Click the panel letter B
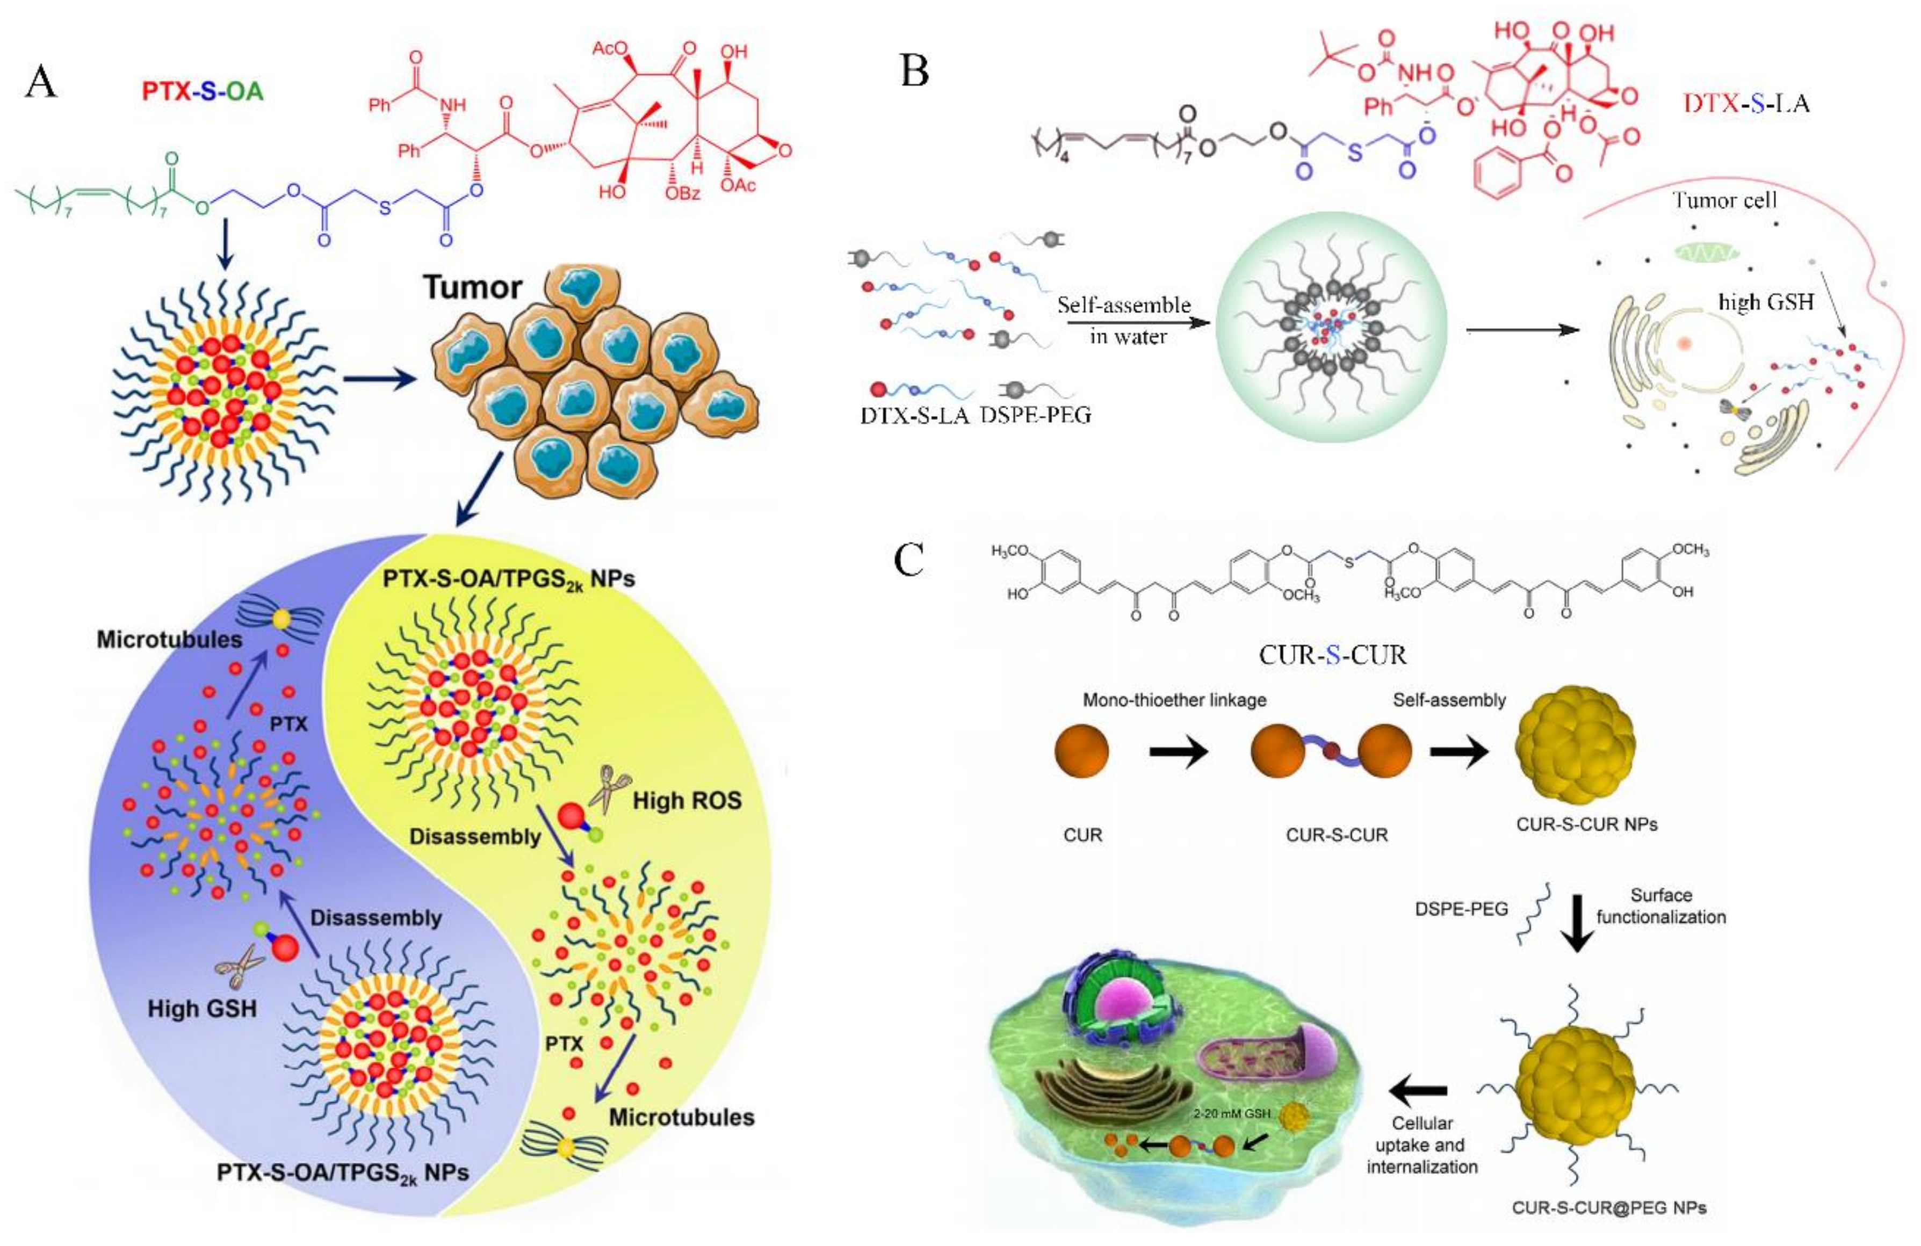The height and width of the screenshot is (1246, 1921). point(914,70)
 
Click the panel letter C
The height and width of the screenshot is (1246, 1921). point(909,559)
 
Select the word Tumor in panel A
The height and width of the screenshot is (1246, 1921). point(473,287)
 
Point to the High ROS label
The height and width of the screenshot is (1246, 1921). point(687,801)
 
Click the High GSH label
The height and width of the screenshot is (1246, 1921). point(202,1008)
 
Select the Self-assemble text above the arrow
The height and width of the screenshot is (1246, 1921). point(1124,305)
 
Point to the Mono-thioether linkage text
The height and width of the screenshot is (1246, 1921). point(1174,700)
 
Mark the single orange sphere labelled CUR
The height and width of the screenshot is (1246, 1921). point(1081,750)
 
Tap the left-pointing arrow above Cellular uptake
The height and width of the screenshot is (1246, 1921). point(1418,1091)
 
